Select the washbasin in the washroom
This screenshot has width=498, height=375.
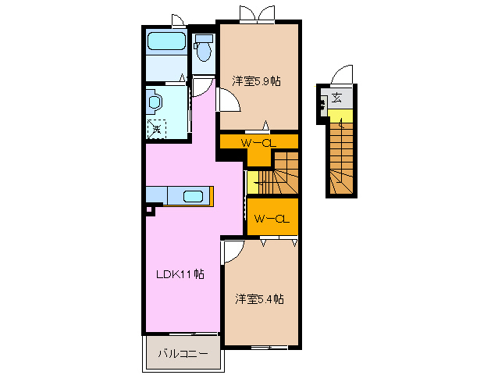tap(153, 101)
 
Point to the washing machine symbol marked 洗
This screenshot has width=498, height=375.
tap(157, 128)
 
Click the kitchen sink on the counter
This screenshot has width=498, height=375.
tap(193, 196)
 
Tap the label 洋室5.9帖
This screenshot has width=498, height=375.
tap(257, 80)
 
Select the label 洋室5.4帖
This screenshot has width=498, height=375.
tap(259, 298)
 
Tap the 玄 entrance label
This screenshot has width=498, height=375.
tap(336, 98)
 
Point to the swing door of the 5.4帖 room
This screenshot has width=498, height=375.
tap(233, 251)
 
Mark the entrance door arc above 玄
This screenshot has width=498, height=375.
tap(342, 76)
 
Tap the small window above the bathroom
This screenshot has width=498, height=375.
tap(177, 20)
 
